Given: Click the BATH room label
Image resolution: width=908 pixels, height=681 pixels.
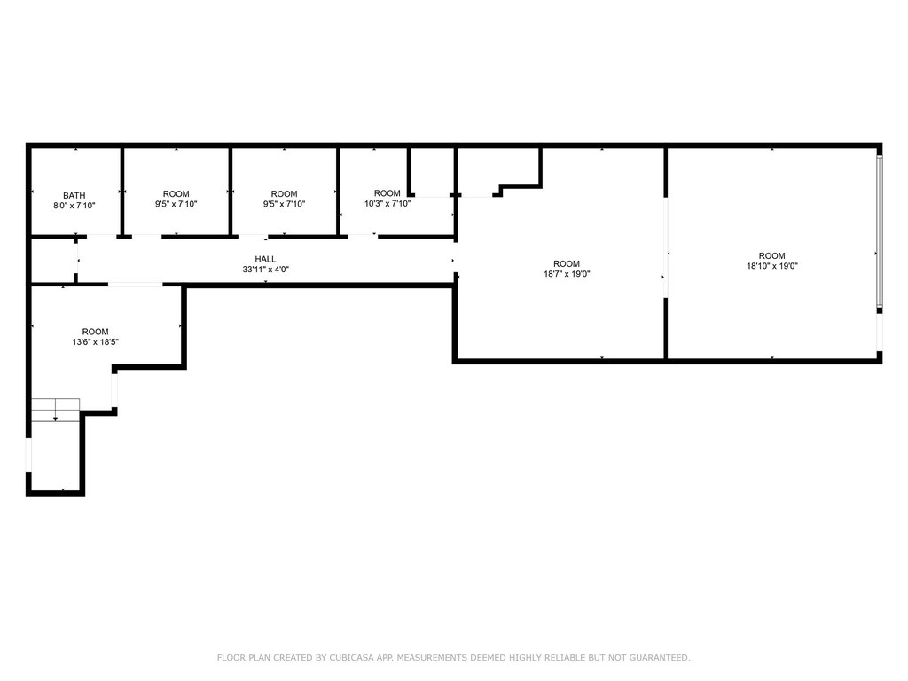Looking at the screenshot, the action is (74, 196).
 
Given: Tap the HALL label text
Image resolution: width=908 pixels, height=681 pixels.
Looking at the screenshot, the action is (265, 260).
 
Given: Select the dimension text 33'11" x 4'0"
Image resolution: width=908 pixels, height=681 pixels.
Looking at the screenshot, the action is (265, 270).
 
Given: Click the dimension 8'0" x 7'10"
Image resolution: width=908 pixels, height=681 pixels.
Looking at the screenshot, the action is (74, 206).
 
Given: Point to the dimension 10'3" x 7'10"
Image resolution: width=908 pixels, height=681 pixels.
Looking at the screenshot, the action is (387, 204).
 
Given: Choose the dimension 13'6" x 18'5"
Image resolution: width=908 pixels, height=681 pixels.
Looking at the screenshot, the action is (96, 342).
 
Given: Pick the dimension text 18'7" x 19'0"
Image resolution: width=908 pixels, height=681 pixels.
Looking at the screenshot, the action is (567, 274).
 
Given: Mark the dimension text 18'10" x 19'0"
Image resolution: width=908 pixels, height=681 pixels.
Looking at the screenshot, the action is (772, 266).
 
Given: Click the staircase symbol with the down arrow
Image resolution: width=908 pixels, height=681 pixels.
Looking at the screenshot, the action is (55, 410).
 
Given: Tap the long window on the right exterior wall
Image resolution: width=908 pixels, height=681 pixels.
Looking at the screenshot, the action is (879, 231).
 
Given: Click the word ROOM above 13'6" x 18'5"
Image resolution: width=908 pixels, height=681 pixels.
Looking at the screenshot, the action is (96, 332).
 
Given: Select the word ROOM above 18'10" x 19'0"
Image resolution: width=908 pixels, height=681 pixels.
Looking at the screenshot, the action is (772, 256).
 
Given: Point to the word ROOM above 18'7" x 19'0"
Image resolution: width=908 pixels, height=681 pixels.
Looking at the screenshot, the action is (567, 264).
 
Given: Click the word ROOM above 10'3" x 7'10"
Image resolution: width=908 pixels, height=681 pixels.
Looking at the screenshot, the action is (387, 193).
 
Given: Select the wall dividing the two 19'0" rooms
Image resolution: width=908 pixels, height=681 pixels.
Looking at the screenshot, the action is (666, 254).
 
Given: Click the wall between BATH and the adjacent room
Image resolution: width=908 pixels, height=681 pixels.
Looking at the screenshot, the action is (122, 192).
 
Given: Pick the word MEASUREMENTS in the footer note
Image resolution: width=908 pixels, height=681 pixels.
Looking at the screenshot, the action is (431, 658).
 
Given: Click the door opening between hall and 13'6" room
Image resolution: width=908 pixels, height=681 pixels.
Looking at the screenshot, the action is (136, 285).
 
